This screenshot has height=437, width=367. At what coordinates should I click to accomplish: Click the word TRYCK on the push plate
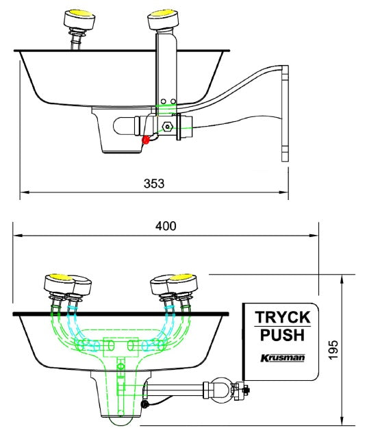tap(283, 319)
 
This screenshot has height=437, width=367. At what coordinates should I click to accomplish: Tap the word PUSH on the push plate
tap(282, 336)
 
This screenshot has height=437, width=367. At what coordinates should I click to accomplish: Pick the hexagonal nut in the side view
tap(166, 127)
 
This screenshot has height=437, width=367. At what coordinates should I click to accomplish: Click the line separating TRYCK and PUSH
tap(282, 327)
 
